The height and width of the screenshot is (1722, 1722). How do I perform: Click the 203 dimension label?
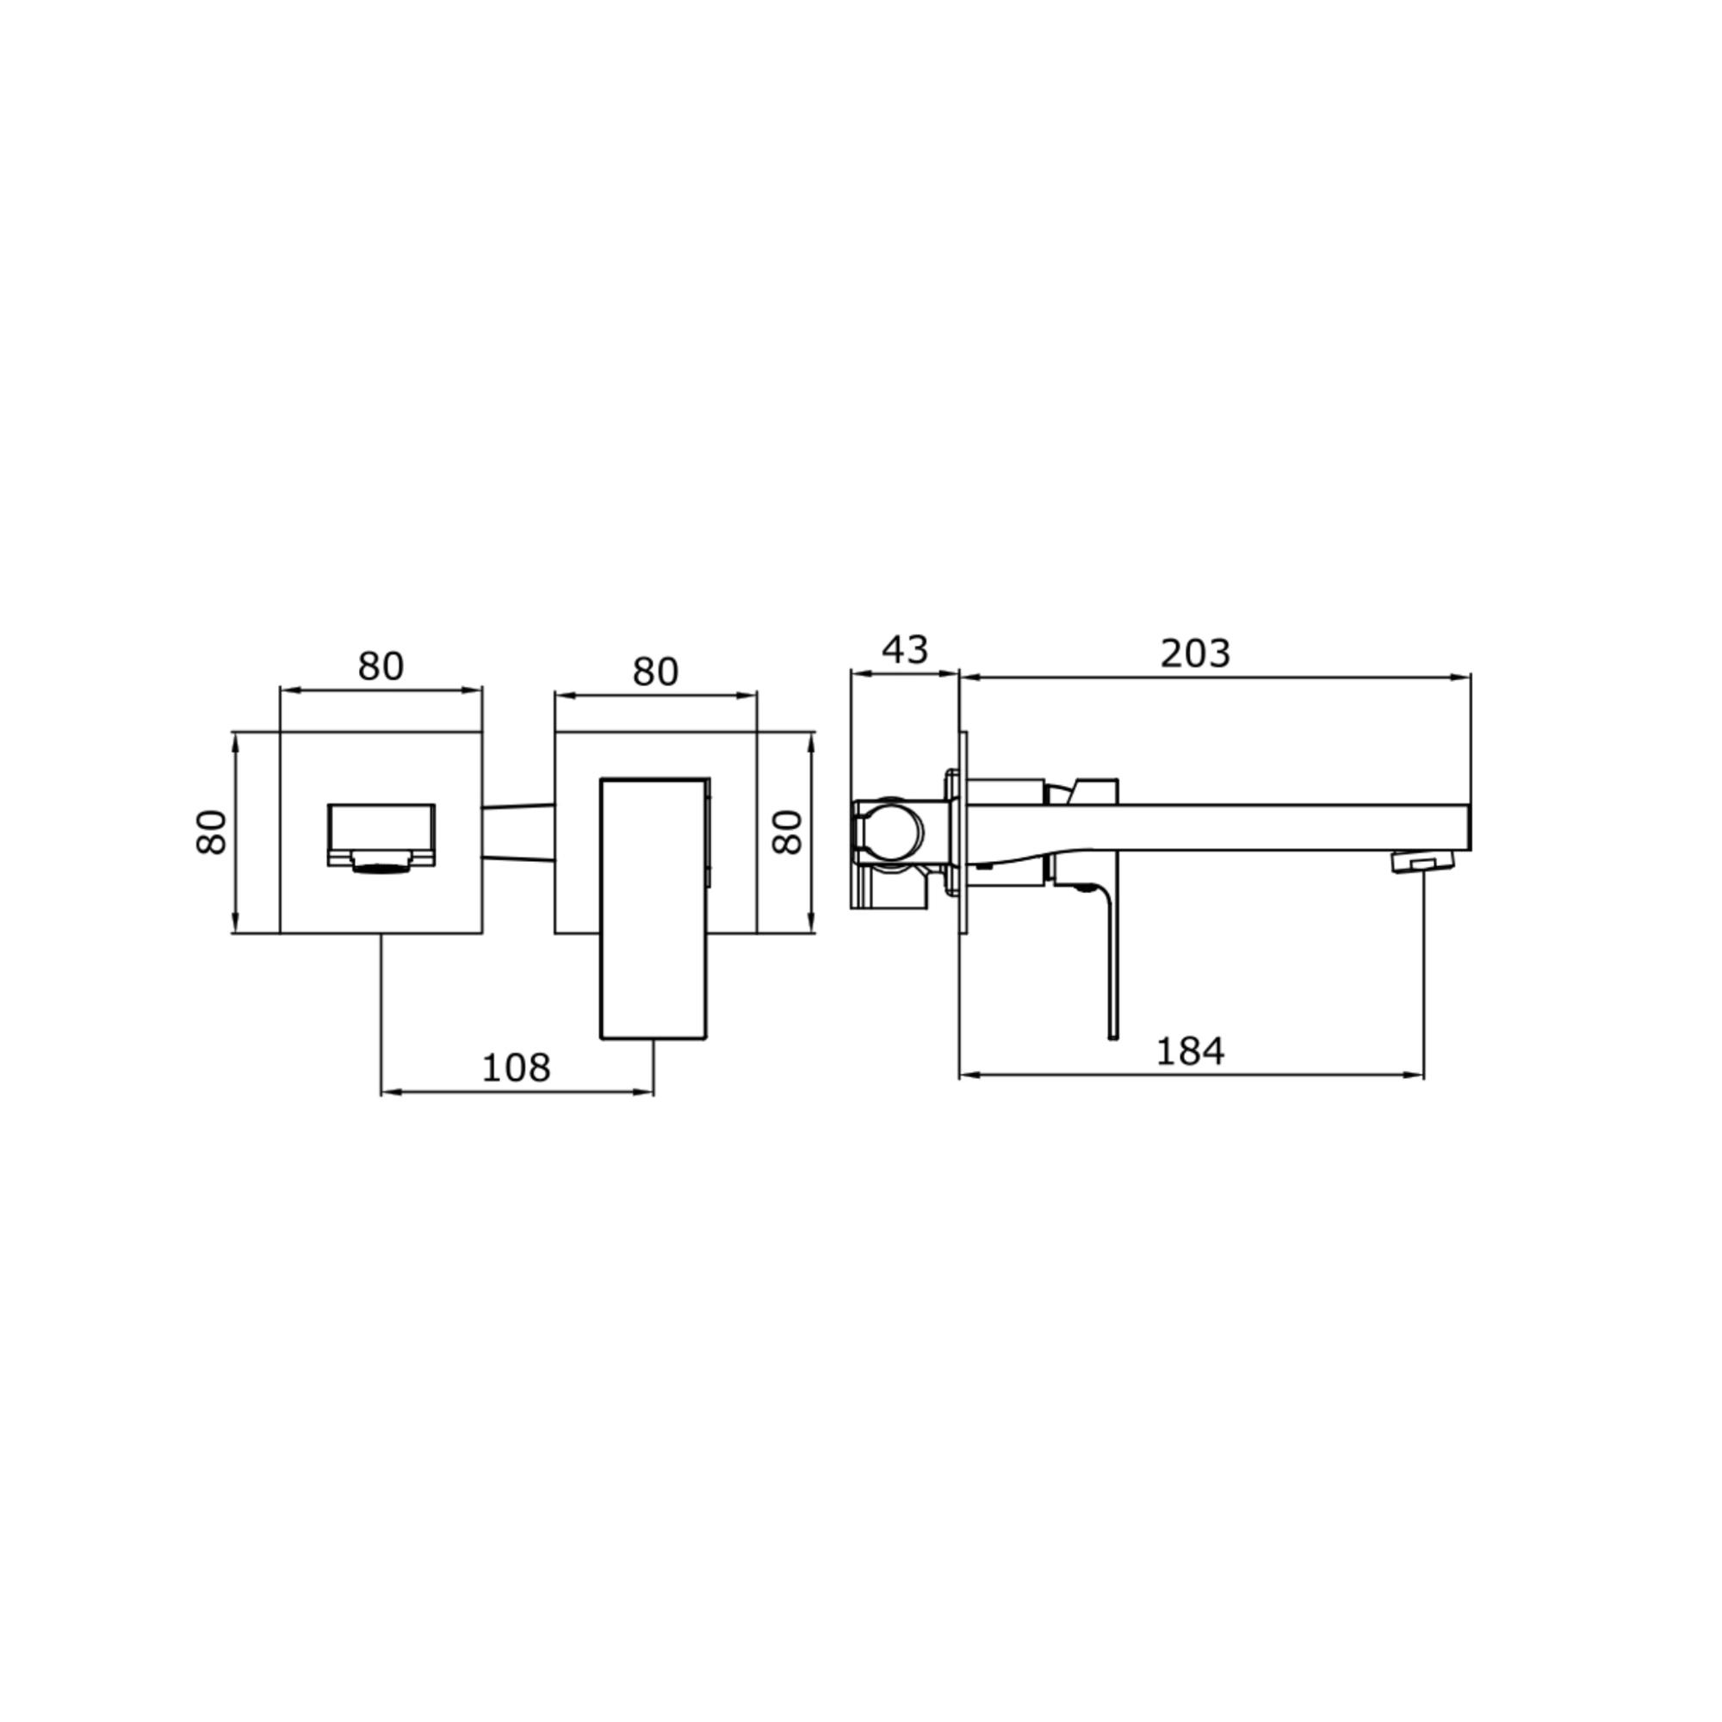click(x=1195, y=654)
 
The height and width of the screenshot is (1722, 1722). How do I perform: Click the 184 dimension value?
click(x=1190, y=1052)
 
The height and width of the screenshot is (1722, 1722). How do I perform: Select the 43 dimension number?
click(x=905, y=650)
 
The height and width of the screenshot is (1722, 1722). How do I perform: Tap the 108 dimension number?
click(x=516, y=1068)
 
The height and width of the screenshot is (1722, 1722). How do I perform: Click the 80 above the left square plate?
click(x=381, y=666)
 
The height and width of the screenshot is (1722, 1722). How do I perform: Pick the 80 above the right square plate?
click(x=655, y=672)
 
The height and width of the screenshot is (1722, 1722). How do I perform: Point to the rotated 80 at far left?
click(x=211, y=833)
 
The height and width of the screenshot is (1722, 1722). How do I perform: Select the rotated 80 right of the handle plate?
click(x=787, y=833)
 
